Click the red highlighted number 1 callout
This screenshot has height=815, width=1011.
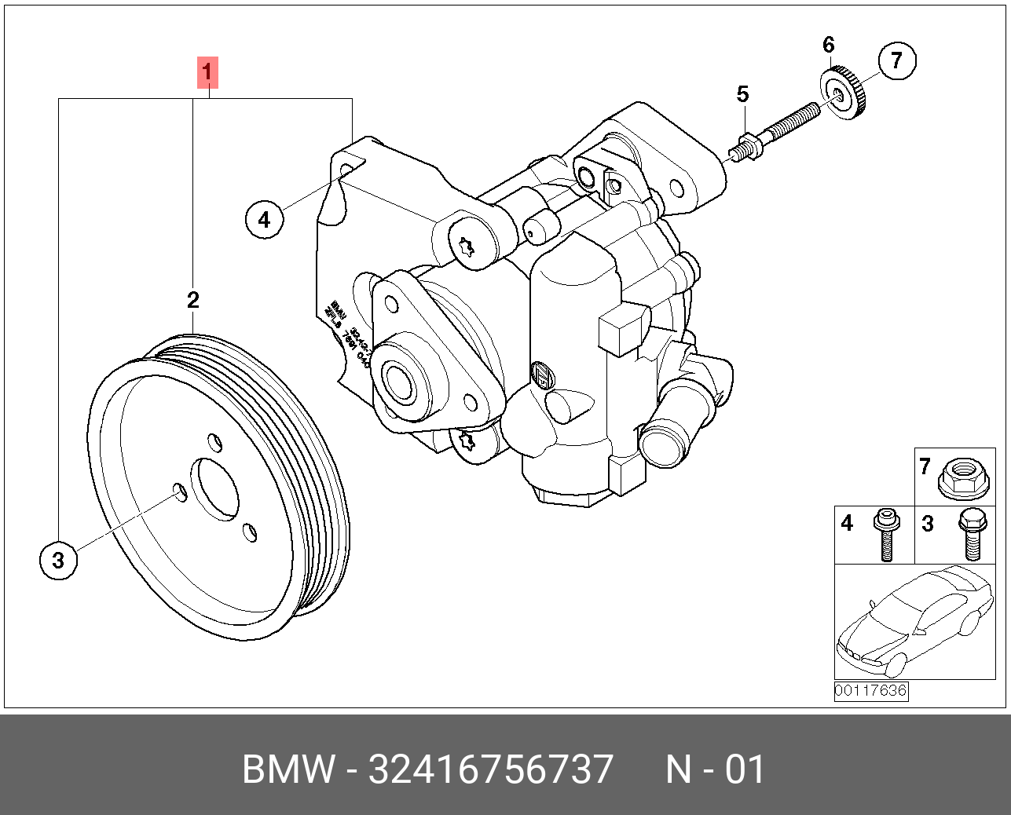[x=207, y=73]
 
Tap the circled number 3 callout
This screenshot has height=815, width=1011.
[x=58, y=560]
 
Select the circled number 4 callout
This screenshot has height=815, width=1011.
[x=264, y=219]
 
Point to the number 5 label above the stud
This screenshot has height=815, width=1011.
[x=742, y=95]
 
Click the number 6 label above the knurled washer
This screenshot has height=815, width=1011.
[x=829, y=45]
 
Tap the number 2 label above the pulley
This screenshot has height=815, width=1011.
[x=192, y=299]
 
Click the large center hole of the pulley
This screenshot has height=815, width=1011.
[x=214, y=488]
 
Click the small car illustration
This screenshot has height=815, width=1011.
[x=914, y=621]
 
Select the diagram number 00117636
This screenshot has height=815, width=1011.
[x=870, y=691]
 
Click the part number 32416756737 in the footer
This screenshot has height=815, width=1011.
[x=490, y=769]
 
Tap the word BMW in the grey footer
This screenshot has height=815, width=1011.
[x=288, y=769]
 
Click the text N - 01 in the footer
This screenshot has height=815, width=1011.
[x=715, y=769]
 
